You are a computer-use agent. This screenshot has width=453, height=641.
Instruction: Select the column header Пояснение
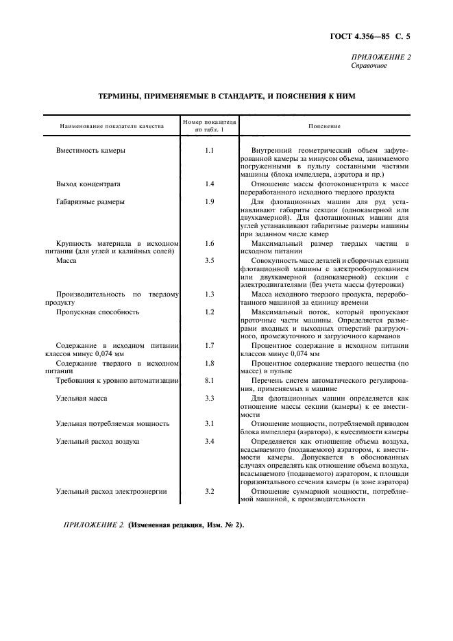click(x=324, y=126)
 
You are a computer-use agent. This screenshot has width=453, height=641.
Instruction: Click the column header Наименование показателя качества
click(x=112, y=126)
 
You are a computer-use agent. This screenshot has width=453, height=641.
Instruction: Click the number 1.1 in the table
click(x=210, y=149)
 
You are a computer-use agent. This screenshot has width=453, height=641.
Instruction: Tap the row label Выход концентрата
click(x=88, y=184)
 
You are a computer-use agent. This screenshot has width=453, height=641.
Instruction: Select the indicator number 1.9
click(x=210, y=201)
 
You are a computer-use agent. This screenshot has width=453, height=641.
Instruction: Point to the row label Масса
click(x=66, y=260)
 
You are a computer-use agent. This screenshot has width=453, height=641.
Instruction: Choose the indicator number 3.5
click(x=210, y=260)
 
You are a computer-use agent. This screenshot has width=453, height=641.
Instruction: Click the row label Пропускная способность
click(x=98, y=312)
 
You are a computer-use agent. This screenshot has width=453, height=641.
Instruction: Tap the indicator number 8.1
click(x=210, y=379)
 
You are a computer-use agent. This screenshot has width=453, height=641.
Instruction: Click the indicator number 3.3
click(x=210, y=397)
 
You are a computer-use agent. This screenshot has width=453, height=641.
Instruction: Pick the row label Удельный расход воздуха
click(x=98, y=441)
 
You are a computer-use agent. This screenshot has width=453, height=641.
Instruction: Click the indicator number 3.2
click(x=210, y=492)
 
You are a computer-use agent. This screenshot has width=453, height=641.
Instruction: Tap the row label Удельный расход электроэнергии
click(x=112, y=492)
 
